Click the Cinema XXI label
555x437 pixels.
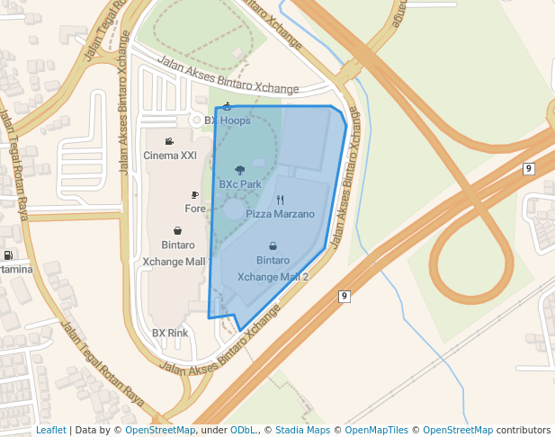coord(170,156)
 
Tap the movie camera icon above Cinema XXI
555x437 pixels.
coord(169,141)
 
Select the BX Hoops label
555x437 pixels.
coord(228,120)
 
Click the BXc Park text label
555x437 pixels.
coord(239,183)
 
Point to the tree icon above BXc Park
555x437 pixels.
coord(239,169)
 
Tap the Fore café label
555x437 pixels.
coord(195,209)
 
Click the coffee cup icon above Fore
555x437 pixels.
coord(195,194)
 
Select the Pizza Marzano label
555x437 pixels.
coord(280,215)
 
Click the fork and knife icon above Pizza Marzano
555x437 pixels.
coord(280,200)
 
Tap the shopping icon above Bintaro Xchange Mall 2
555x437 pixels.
coord(273,245)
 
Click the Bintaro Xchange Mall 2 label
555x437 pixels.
coord(273,269)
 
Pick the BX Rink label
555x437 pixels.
coord(170,333)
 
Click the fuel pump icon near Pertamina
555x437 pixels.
coord(8,255)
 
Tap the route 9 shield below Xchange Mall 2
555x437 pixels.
coord(344,296)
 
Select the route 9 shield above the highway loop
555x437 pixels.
coord(528,168)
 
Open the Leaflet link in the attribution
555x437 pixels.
coord(50,430)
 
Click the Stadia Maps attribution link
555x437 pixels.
coord(304,430)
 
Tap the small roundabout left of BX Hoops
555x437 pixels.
coord(195,120)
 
